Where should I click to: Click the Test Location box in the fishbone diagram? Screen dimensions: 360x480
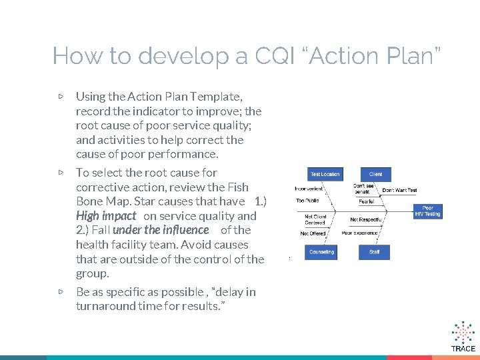coord(325,175)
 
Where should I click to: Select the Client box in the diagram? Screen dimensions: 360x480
coord(375,175)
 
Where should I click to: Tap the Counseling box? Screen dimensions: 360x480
coord(322,252)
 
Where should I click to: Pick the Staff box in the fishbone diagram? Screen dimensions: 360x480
coord(375,252)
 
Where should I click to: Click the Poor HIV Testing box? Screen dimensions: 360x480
coord(427,211)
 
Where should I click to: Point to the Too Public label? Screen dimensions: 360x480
coord(307,200)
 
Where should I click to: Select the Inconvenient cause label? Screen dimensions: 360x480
coord(309,189)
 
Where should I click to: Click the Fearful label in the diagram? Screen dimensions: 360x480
coord(366,201)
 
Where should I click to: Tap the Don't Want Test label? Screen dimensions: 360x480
coord(399,190)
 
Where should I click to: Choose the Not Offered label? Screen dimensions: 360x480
coord(313,234)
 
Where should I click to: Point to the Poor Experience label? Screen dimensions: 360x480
coord(360,233)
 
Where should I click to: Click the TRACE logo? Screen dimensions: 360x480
coord(463,336)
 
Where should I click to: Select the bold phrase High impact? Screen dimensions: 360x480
coord(106,216)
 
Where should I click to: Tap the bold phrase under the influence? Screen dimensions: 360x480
coord(161,230)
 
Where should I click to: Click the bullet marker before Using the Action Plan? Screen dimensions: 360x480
coord(61,97)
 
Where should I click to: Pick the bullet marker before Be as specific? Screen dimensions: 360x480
coord(61,291)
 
